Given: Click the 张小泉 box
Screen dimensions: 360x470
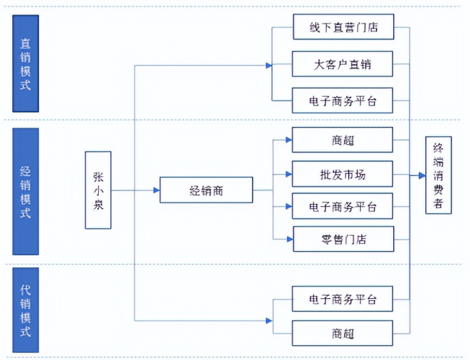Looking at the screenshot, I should point(98,190).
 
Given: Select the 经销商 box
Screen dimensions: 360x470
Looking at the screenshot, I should point(207,190).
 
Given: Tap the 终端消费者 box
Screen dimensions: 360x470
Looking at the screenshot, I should point(438,175).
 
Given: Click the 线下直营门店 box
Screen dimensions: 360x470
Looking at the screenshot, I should point(343,29).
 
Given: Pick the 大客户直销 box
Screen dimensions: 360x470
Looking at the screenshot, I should point(343,65).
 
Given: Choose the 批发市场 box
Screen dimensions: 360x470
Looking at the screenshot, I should point(343,174).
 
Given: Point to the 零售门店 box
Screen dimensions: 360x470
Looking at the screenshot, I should point(343,239).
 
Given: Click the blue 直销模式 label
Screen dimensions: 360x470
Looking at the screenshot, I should point(26,63).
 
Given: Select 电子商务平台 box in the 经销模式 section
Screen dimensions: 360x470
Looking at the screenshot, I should point(343,207).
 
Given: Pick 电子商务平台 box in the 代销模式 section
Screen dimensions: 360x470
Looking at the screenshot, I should point(343,299).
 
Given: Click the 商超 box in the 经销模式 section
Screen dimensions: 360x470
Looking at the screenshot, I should point(343,140).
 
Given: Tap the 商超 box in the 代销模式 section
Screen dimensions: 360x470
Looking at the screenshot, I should point(343,333).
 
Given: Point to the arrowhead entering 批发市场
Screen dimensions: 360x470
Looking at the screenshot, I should point(288,174).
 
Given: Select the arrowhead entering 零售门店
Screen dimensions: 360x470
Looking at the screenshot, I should point(288,239).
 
